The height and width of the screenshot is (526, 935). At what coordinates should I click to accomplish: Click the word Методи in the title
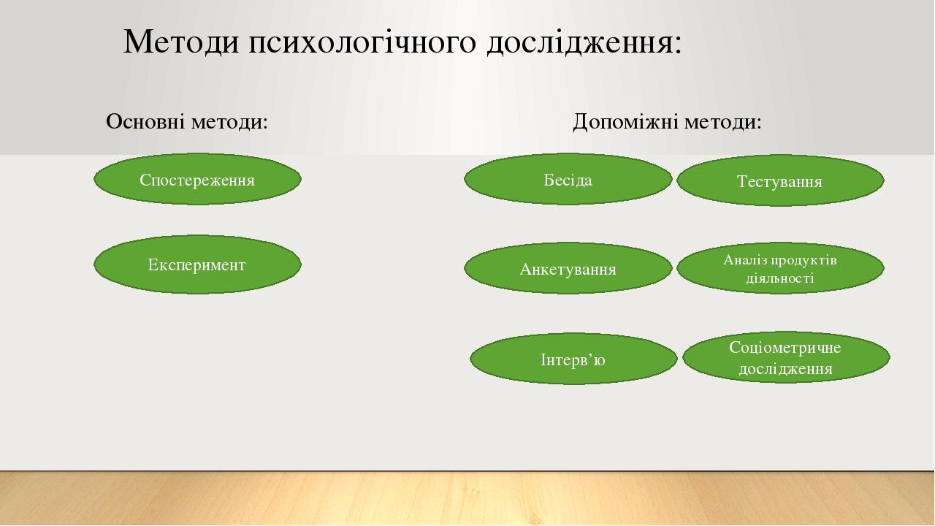click(181, 42)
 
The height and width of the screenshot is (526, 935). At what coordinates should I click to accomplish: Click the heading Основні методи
click(186, 122)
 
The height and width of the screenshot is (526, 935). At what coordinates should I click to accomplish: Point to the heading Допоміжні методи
click(667, 122)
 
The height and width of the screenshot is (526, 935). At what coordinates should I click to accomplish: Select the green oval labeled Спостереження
click(197, 179)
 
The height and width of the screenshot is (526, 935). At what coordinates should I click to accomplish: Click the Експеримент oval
click(197, 264)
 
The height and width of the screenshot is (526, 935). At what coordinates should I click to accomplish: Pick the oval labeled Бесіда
click(568, 179)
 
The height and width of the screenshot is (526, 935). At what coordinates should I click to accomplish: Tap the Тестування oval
click(780, 180)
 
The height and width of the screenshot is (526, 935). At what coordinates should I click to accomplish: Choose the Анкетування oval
click(568, 268)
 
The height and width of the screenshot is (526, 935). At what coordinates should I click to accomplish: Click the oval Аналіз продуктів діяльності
click(780, 268)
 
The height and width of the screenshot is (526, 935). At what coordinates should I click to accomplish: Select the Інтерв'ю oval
click(573, 359)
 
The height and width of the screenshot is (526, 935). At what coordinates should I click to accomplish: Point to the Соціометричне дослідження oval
click(786, 357)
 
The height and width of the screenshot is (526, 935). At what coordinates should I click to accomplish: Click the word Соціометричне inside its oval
click(785, 348)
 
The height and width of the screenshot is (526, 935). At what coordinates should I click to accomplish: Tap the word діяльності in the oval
click(780, 278)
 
